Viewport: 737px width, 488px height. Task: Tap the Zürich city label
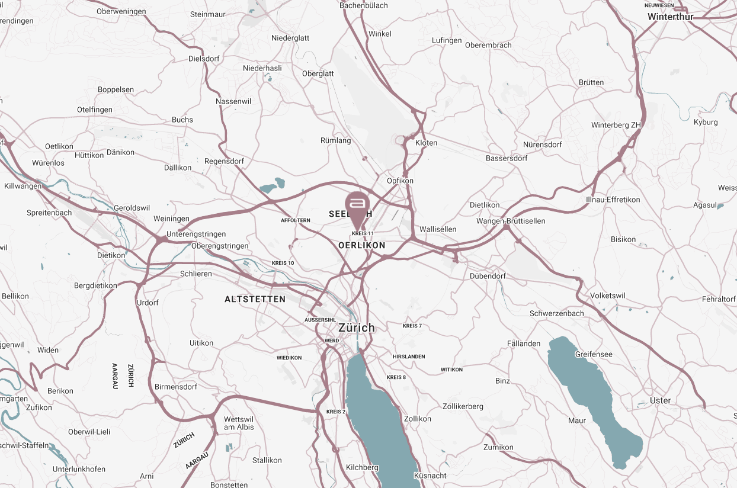[356, 328]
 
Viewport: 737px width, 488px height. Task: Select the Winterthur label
[670, 17]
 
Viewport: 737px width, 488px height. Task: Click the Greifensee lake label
[593, 354]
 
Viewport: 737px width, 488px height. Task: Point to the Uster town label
[660, 400]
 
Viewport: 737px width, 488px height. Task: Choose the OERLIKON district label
[361, 245]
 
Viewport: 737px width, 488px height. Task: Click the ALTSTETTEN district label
[255, 299]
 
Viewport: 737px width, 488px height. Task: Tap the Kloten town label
[426, 143]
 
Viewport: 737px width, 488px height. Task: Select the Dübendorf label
[487, 276]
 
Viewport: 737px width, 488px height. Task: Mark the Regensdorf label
[223, 161]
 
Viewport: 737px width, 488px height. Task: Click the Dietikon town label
[111, 255]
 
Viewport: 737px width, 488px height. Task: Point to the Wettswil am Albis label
[239, 423]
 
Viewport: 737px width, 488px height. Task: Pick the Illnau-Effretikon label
[613, 200]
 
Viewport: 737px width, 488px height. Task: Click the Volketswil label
[608, 296]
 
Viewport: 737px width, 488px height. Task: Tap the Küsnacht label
[430, 476]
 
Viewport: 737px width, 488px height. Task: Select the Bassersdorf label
[506, 158]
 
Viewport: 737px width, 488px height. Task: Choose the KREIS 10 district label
[283, 263]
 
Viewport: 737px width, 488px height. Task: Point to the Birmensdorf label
[175, 387]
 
